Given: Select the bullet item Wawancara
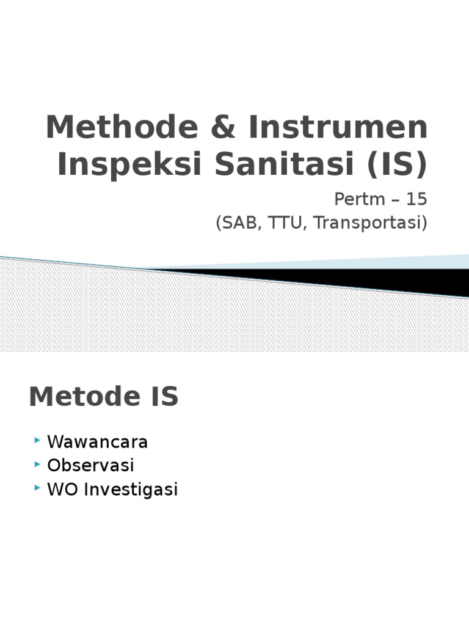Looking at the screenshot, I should [x=98, y=442].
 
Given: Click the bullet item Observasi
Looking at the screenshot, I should [x=90, y=466].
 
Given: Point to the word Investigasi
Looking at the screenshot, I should [x=131, y=490].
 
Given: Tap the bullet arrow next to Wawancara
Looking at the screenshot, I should [x=38, y=440].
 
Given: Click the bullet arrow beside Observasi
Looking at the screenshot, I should [x=38, y=464].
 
